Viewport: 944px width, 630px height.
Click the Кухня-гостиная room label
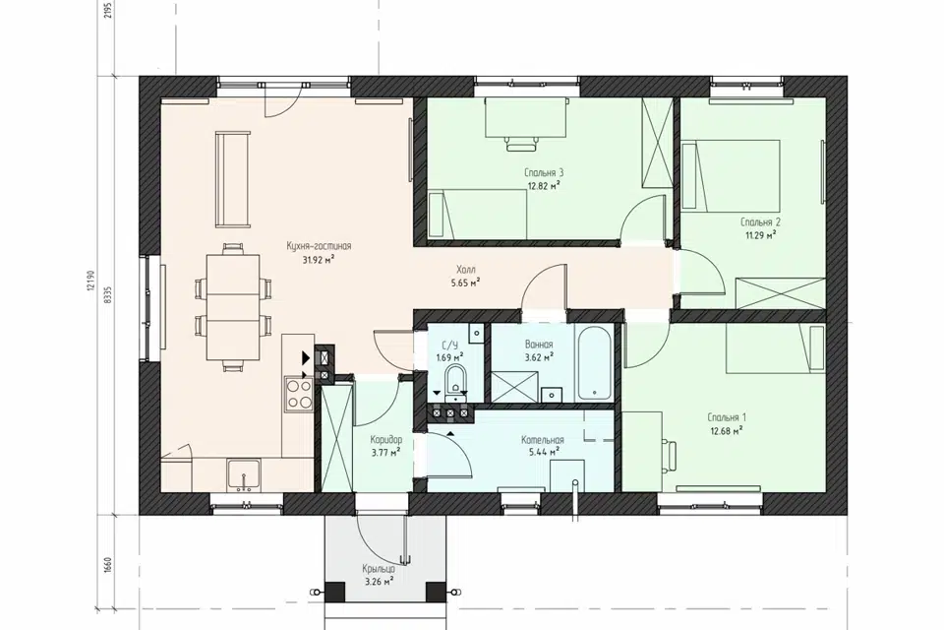click(319, 246)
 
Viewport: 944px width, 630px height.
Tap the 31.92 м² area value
click(319, 260)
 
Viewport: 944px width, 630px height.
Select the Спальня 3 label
click(544, 173)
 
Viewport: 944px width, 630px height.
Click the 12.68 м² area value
click(727, 430)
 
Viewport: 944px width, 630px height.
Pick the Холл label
click(466, 270)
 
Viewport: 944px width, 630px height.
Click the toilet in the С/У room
click(454, 385)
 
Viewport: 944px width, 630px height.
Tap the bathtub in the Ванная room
click(594, 363)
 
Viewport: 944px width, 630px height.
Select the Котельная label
click(543, 440)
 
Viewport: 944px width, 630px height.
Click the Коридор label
click(386, 440)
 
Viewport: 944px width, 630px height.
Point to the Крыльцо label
click(379, 569)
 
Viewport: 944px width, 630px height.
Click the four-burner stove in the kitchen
click(298, 393)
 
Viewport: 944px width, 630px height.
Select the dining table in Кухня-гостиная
click(233, 307)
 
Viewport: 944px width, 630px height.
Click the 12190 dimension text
click(90, 282)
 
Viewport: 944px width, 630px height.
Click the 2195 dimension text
click(108, 9)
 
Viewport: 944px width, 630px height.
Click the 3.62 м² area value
click(539, 357)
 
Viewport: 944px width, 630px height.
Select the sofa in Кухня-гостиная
click(232, 180)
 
